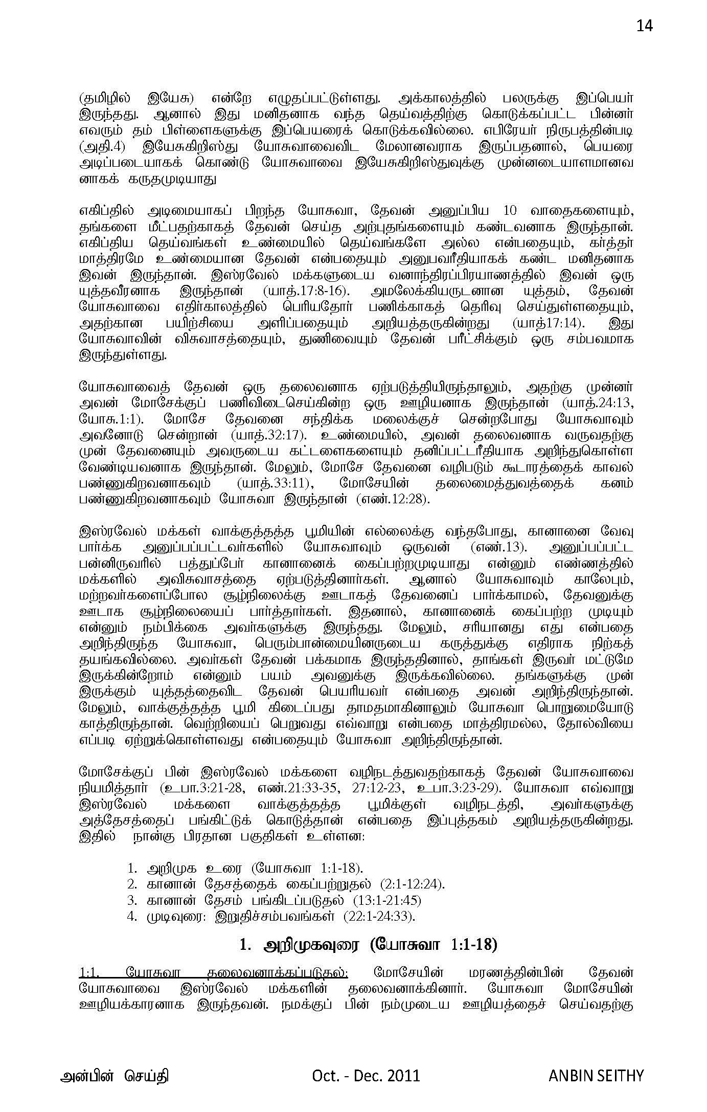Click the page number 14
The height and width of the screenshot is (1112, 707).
pos(644,25)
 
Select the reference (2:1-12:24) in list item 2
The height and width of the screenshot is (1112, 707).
pos(413,884)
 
